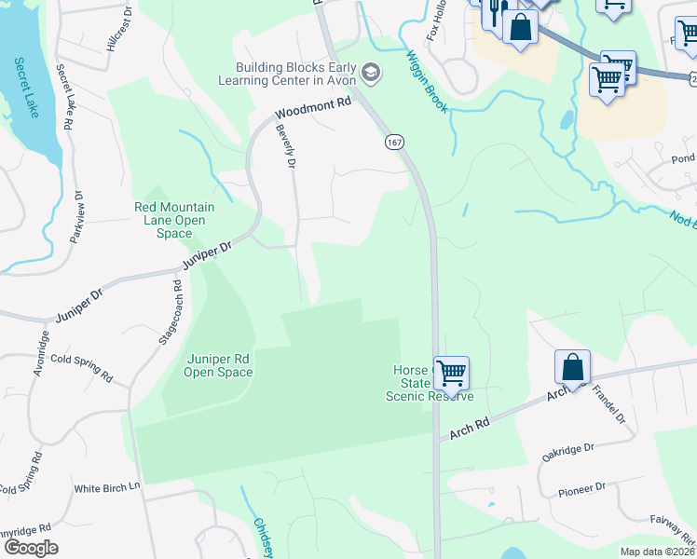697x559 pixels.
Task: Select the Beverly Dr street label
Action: [285, 147]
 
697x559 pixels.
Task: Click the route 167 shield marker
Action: [393, 142]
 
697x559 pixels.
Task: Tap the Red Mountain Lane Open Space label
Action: [175, 220]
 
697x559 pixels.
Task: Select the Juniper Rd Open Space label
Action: [218, 365]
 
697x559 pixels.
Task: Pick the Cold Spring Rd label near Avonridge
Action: [81, 367]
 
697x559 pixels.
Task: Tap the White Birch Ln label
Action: [106, 487]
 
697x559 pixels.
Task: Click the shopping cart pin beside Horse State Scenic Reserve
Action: [451, 373]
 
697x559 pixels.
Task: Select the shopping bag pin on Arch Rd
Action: [572, 366]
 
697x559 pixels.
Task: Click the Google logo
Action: [31, 548]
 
